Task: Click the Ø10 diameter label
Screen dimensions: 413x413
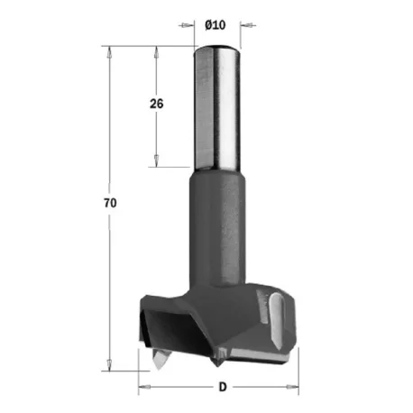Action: click(x=216, y=25)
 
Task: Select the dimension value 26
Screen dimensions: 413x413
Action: click(x=157, y=104)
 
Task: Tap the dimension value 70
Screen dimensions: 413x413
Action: click(x=110, y=203)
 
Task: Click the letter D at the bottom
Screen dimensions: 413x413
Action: click(x=223, y=387)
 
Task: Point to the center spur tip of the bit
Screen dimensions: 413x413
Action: click(x=218, y=365)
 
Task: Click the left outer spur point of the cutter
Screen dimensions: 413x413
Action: click(x=158, y=369)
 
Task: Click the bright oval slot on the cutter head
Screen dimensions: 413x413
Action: click(x=276, y=320)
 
